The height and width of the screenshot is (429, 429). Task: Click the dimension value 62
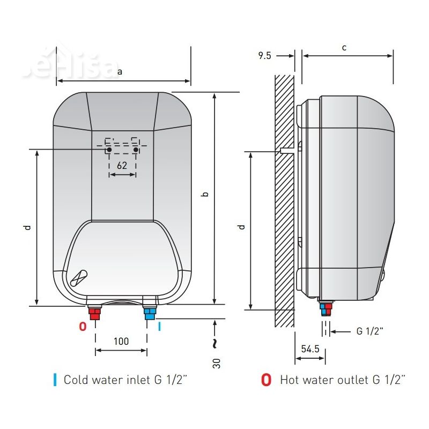pos(122,165)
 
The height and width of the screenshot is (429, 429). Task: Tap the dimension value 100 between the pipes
pos(121,341)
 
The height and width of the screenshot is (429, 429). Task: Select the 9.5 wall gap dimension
pos(264,56)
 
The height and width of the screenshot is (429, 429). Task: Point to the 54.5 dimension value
pos(310,349)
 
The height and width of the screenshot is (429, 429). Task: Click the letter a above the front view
pos(120,72)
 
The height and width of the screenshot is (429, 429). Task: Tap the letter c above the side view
pos(344,48)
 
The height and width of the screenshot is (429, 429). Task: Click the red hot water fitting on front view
pos(95,314)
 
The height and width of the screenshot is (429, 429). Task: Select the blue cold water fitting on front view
pos(150,314)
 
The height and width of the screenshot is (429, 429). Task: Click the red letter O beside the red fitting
pos(83,327)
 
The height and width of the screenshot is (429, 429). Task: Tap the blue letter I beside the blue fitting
pos(159,327)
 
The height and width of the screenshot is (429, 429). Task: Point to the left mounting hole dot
pos(109,150)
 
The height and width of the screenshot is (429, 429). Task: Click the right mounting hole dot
pos(136,150)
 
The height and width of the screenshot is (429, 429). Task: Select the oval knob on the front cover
pos(78,278)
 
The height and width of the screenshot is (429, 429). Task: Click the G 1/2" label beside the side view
pos(369,331)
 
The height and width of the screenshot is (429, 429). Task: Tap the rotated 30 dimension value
pos(216,364)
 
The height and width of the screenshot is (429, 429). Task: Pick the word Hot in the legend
pos(290,380)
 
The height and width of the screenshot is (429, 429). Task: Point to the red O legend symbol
pos(266,380)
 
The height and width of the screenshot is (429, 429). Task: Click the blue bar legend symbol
pos(55,380)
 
